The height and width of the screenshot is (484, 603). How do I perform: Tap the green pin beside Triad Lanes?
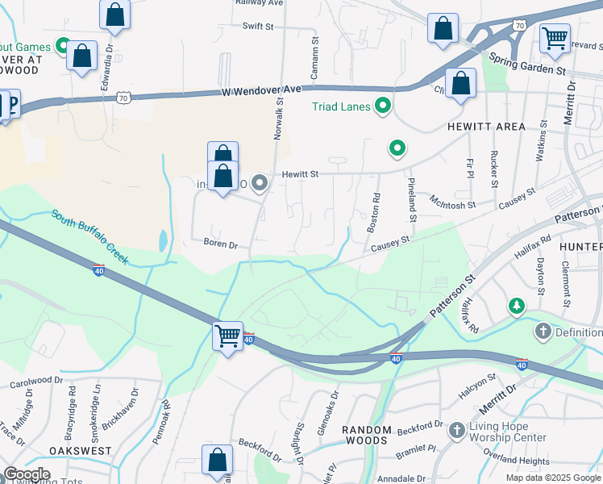pyautogui.click(x=383, y=106)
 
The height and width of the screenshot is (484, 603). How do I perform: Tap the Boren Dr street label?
pyautogui.click(x=221, y=243)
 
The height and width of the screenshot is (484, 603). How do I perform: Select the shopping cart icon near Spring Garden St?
pyautogui.click(x=555, y=36)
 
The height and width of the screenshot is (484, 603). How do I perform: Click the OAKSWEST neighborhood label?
pyautogui.click(x=79, y=451)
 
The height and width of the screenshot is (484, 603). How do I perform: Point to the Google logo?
pyautogui.click(x=26, y=474)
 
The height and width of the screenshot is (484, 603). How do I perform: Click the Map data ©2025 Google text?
pyautogui.click(x=552, y=478)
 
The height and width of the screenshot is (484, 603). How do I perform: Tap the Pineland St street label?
pyautogui.click(x=412, y=200)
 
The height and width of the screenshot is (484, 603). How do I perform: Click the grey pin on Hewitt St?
pyautogui.click(x=260, y=185)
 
